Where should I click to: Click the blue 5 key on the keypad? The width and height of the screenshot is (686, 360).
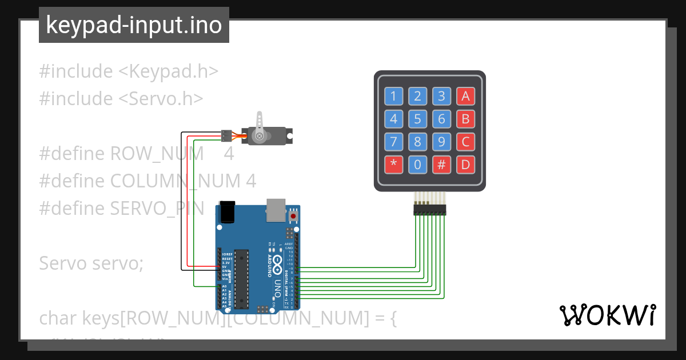click(417, 119)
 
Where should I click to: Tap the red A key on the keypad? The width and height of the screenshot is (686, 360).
click(465, 96)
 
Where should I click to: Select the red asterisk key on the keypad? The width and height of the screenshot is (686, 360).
click(393, 165)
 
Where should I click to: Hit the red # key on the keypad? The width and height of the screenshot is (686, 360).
click(441, 165)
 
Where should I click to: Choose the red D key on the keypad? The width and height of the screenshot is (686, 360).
click(465, 165)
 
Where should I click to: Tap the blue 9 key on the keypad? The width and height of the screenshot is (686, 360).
click(441, 142)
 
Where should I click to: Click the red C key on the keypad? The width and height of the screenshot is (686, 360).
click(465, 142)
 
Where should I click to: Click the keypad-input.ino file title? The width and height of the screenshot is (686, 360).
click(134, 25)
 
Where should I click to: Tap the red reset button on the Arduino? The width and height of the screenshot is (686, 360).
click(294, 216)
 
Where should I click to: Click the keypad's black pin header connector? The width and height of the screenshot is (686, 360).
click(430, 210)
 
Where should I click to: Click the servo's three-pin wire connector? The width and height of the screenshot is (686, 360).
click(227, 136)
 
